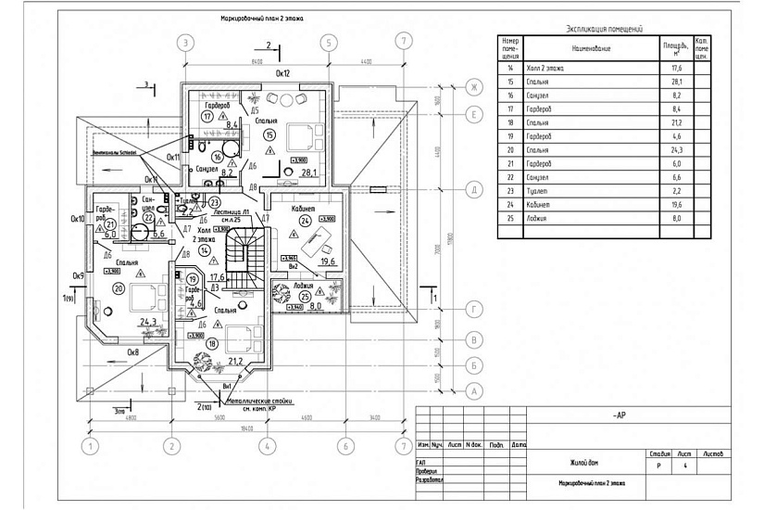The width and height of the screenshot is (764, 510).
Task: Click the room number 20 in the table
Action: pos(510,149)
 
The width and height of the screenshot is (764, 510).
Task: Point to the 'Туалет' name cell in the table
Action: pos(537,190)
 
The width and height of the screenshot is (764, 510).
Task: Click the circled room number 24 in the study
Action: pos(305,221)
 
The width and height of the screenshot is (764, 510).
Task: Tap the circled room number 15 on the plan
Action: pos(269,134)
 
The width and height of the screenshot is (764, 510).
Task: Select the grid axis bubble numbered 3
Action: pos(186,42)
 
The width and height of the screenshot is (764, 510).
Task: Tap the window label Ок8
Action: pos(132,353)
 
